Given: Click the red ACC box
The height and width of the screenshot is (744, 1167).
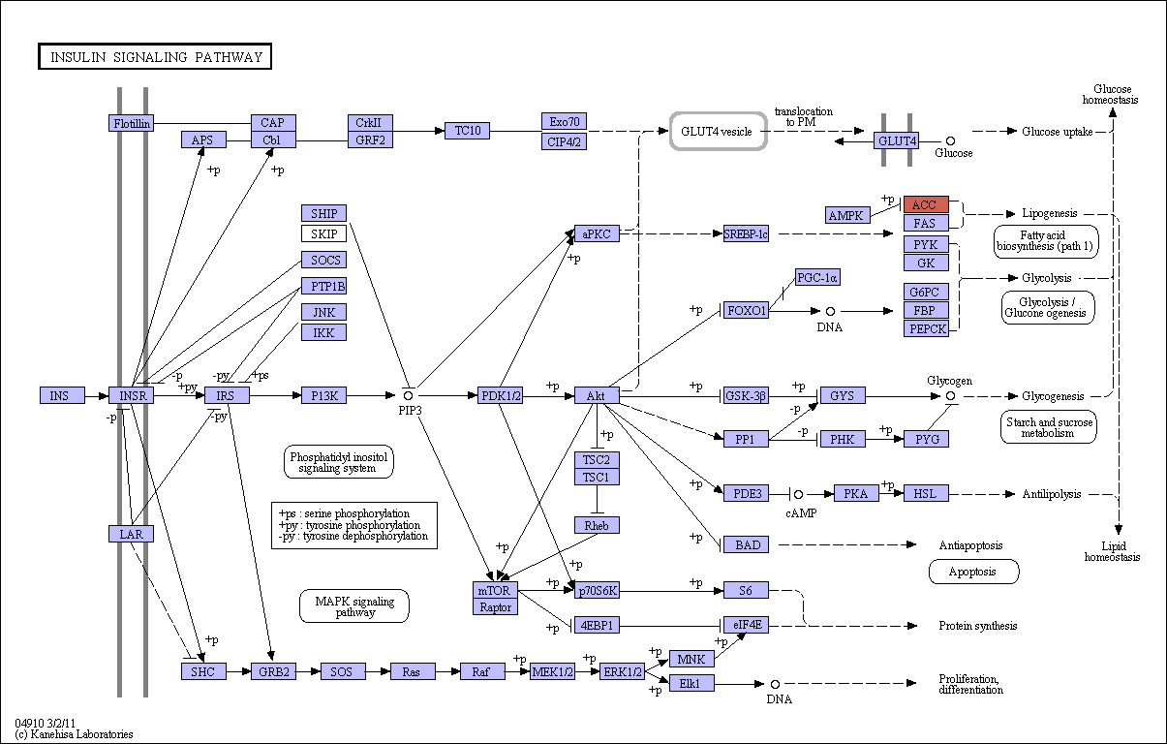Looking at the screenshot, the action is (926, 204).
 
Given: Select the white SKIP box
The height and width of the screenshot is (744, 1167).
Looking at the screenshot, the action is (323, 233).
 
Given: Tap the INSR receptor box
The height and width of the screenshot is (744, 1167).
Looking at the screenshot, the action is (132, 395).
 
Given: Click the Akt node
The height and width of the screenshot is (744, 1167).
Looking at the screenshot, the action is (597, 395).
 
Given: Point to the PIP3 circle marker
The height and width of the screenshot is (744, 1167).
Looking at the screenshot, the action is (408, 396).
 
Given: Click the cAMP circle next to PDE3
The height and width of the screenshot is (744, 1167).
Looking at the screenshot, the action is (798, 494).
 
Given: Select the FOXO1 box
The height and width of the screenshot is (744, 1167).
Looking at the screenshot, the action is (746, 311).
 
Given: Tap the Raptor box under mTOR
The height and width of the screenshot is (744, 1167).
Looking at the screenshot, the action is (495, 607).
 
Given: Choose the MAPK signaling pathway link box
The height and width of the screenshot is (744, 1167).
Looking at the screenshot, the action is (354, 605).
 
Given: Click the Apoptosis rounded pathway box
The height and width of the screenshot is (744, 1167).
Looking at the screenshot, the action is (973, 572).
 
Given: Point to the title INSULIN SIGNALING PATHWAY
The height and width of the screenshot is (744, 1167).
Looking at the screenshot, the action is (155, 56).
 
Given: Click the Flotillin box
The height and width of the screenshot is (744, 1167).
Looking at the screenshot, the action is (132, 123).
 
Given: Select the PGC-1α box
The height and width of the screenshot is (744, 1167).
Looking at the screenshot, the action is (817, 277).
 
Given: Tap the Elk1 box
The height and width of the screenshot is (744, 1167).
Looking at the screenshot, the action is (691, 683).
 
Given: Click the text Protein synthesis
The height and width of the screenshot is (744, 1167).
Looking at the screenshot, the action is (977, 626).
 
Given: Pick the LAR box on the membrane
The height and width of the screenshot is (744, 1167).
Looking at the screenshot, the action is (132, 534).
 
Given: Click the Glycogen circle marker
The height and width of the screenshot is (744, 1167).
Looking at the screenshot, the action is (950, 396).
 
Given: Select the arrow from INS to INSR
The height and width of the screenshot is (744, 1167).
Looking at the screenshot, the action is (97, 396).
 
